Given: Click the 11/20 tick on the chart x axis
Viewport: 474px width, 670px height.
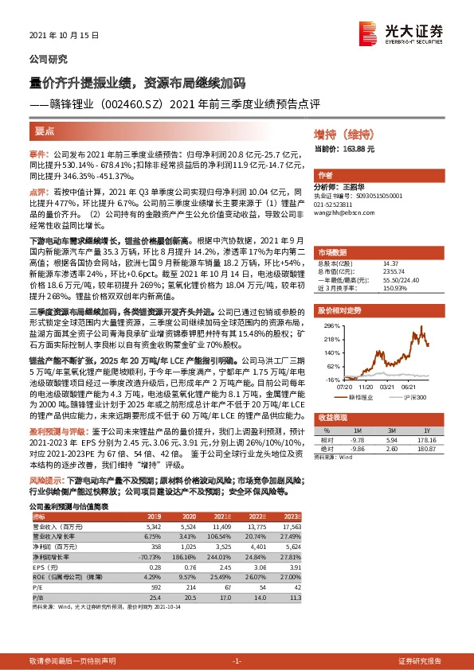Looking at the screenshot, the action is click(366, 386).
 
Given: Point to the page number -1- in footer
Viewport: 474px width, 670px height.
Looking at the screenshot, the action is click(237, 661).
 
